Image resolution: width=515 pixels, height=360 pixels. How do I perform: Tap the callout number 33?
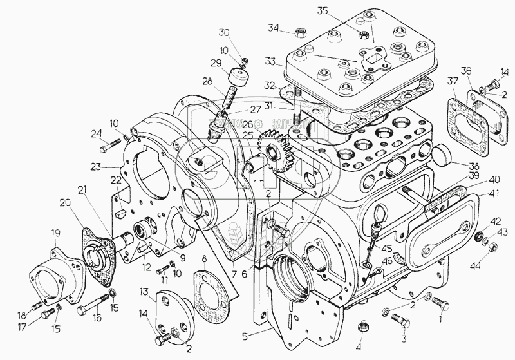pyautogui.click(x=271, y=62)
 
